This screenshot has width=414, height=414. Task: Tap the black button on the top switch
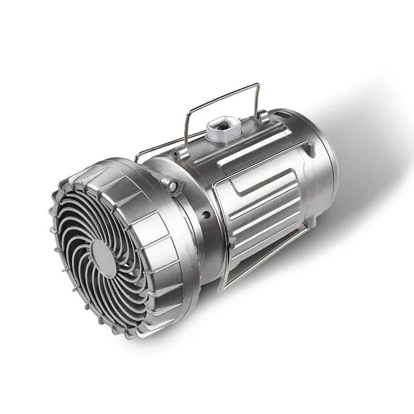tap(223, 125)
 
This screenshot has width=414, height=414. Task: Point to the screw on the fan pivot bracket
tap(172, 184)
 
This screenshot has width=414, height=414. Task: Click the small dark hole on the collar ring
tap(206, 214)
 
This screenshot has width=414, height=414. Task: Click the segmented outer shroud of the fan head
tap(155, 243)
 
